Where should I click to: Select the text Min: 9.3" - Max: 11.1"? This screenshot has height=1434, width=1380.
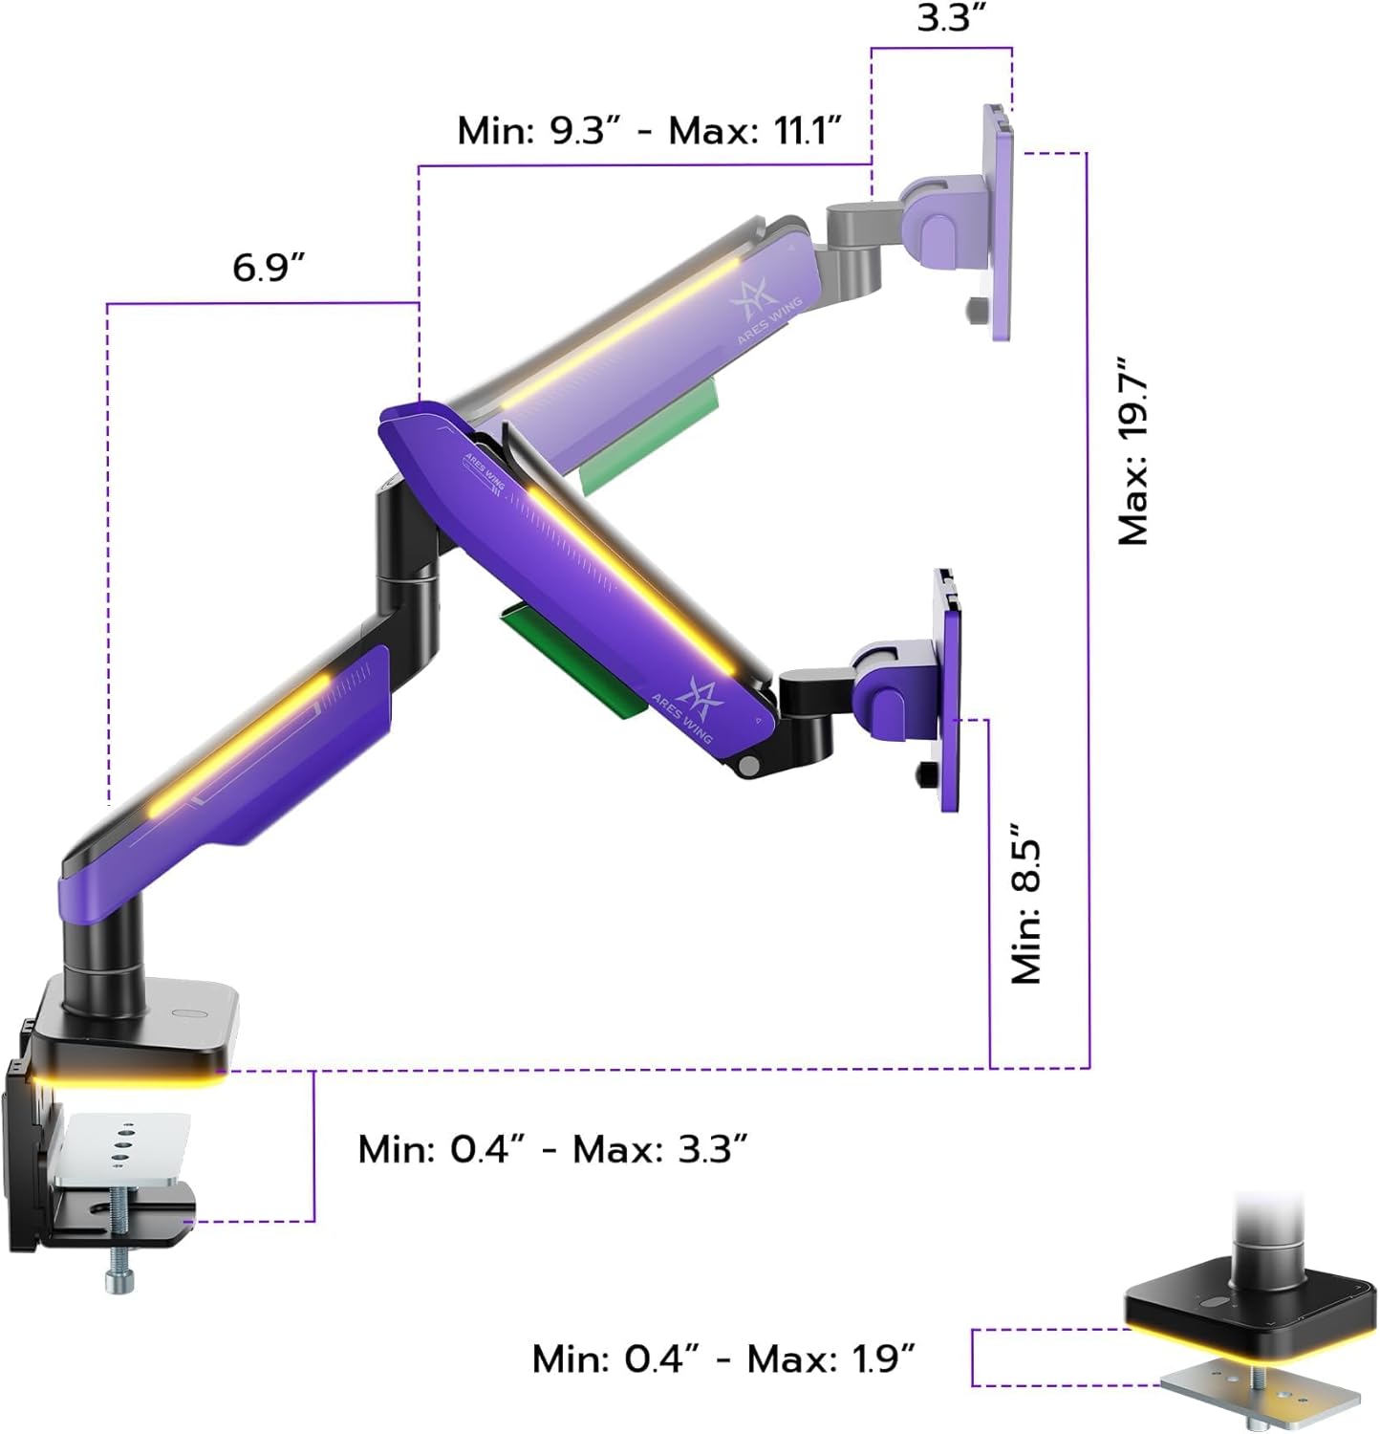[x=649, y=131]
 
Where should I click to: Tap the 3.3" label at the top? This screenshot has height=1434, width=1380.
[x=951, y=18]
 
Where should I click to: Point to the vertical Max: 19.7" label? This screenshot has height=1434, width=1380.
[x=1134, y=452]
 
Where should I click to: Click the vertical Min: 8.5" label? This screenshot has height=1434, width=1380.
[x=1027, y=902]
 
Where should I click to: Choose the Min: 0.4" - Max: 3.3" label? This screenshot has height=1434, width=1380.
[x=551, y=1148]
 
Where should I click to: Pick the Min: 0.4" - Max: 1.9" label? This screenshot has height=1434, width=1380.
[x=723, y=1358]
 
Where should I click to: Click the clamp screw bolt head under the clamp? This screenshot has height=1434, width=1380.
[x=119, y=1281]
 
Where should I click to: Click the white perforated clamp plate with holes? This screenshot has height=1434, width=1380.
[x=119, y=1147]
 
